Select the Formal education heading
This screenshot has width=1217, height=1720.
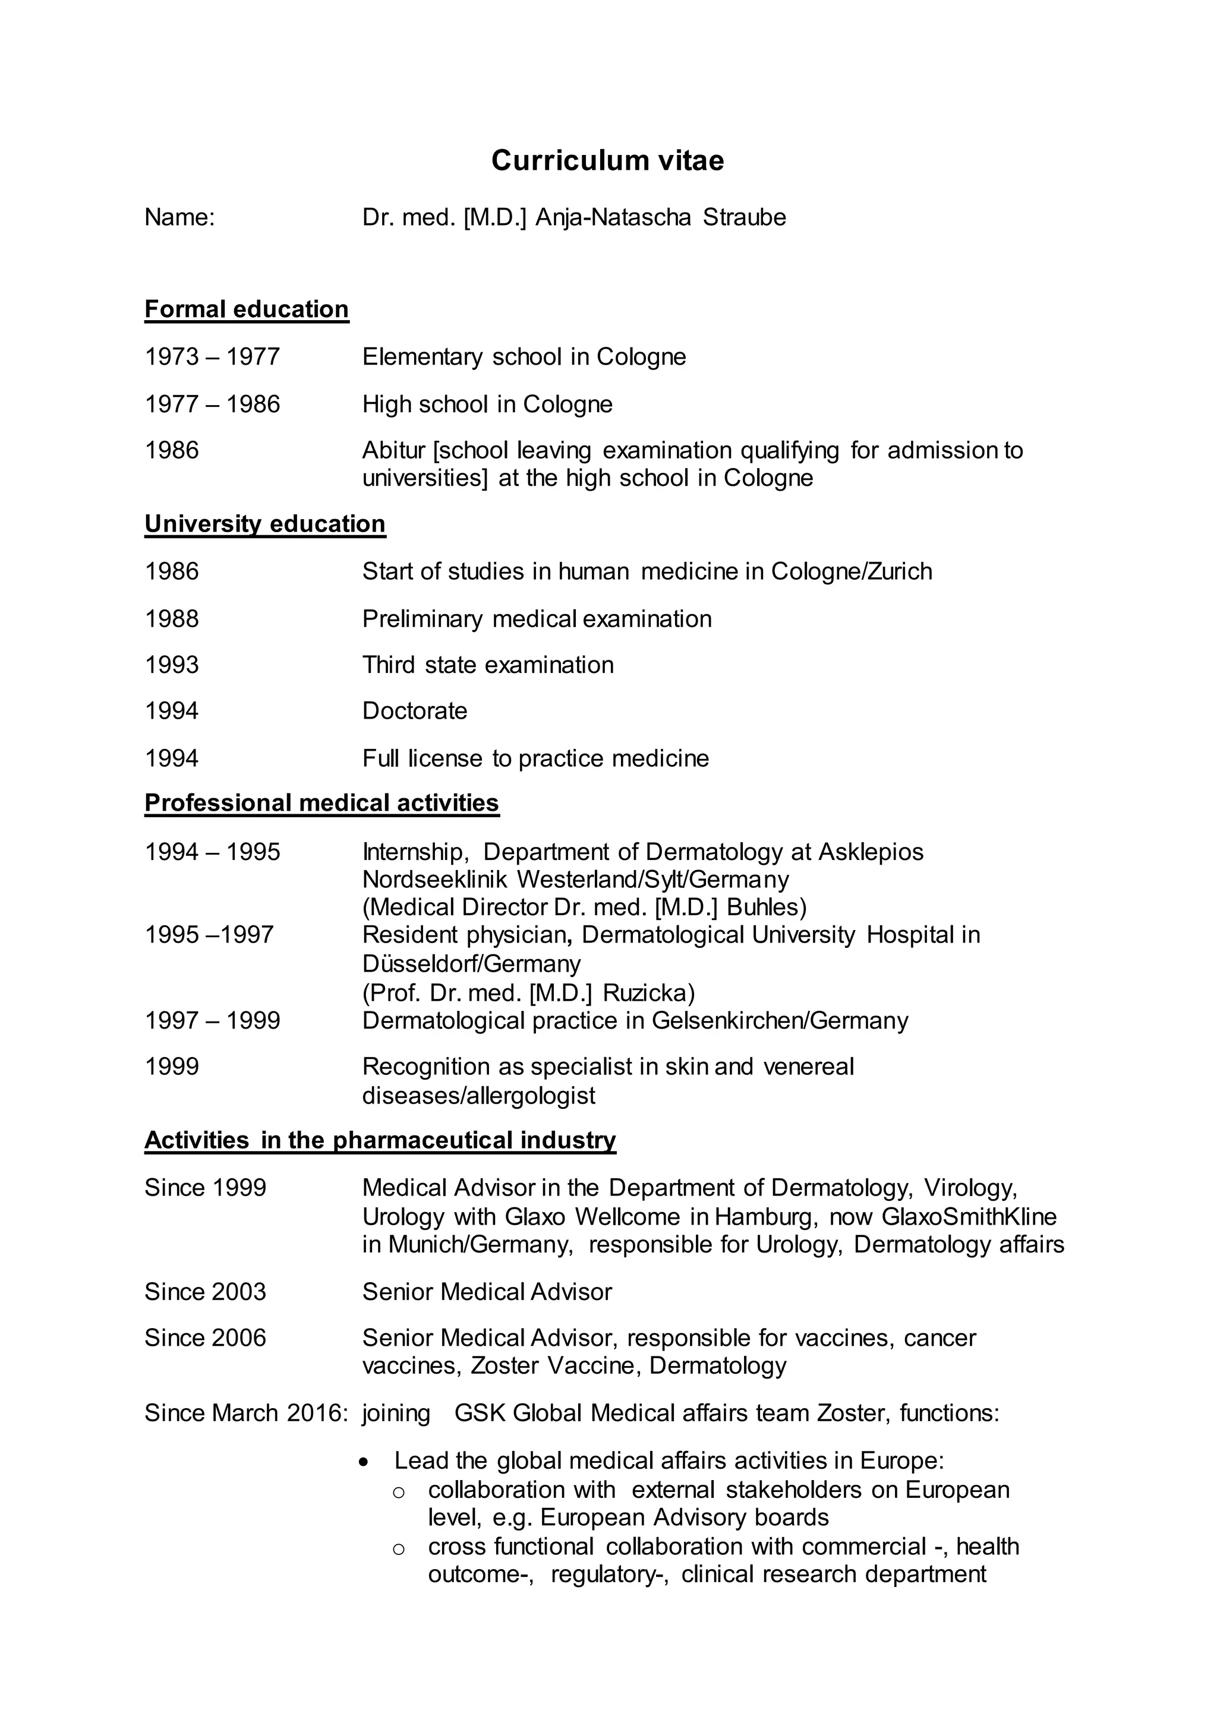coord(247,309)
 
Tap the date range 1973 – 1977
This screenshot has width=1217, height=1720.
coord(212,356)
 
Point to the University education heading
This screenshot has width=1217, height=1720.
coord(264,524)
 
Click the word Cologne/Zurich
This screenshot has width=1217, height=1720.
coord(852,571)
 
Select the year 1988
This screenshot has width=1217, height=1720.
coord(172,619)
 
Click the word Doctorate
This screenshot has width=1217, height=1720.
coord(414,711)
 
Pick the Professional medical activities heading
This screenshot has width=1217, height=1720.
coord(321,803)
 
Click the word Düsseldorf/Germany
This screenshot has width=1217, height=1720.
coord(471,963)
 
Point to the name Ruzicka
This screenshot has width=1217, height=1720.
coord(648,992)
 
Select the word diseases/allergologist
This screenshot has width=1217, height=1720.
coord(479,1095)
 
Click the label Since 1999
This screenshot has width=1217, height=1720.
coord(206,1187)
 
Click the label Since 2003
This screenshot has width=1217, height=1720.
coord(206,1292)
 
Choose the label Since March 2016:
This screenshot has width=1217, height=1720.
coord(246,1413)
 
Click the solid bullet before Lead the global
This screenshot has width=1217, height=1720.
coord(364,1462)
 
